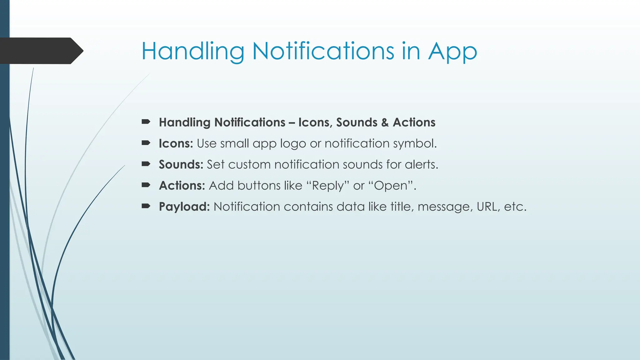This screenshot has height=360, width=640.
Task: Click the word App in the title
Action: tap(452, 52)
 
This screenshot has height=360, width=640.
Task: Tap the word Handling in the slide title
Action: tap(193, 52)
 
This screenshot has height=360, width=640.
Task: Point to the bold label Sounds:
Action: tap(181, 164)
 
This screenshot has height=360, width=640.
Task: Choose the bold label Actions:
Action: tap(182, 186)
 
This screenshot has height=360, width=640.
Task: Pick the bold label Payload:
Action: tap(184, 207)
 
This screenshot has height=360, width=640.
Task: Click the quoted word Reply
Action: tap(327, 186)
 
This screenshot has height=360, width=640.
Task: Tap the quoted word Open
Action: tap(391, 186)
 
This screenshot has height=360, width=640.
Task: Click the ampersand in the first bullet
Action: tap(385, 122)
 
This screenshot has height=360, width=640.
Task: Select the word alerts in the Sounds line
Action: tap(422, 165)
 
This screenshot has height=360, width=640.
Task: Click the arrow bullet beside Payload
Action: tap(146, 206)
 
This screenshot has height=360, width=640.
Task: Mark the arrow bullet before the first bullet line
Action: tap(146, 122)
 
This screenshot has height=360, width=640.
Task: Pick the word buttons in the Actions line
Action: tap(259, 186)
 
